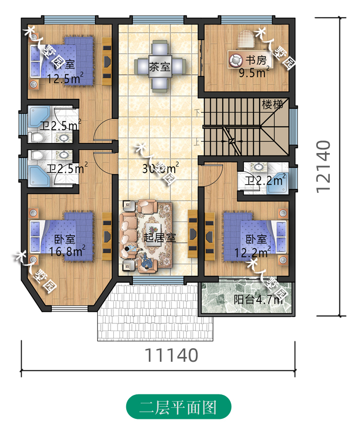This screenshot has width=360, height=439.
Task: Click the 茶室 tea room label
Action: [160, 67]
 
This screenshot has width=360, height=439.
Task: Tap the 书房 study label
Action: [256, 60]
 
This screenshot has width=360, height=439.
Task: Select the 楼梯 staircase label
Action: [272, 104]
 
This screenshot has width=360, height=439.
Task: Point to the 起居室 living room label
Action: [159, 237]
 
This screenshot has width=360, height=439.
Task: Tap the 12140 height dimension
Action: [324, 166]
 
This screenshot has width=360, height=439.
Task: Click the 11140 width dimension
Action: [171, 355]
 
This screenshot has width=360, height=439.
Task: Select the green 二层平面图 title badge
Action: [179, 407]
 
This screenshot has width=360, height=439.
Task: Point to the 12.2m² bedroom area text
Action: [252, 250]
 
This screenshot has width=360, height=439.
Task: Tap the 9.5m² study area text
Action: [254, 73]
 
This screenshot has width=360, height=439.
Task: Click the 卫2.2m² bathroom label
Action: [265, 180]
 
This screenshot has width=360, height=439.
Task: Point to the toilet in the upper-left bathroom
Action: [37, 138]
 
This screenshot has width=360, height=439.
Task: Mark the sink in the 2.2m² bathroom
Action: [259, 167]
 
